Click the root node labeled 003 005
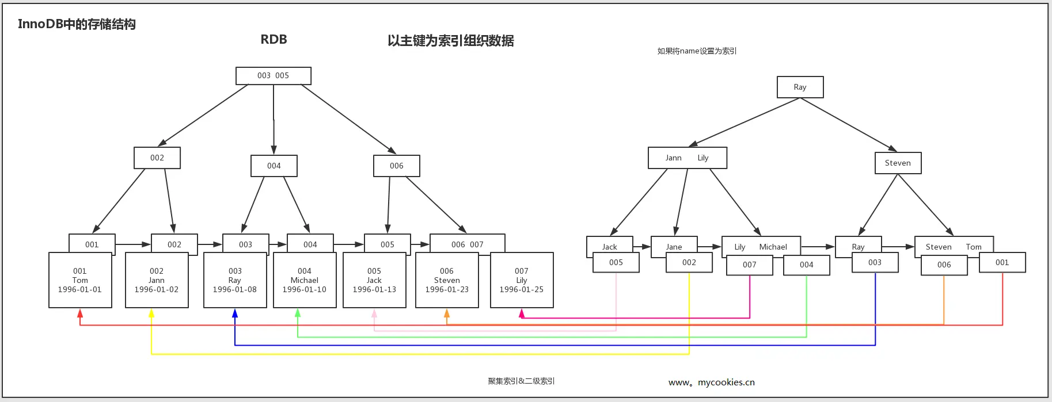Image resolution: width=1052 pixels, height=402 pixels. [x=274, y=76]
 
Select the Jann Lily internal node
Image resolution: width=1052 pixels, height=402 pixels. [x=688, y=158]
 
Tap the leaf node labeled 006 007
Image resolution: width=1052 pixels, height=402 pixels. [x=467, y=244]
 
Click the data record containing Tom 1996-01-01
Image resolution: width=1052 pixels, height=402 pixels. [x=80, y=280]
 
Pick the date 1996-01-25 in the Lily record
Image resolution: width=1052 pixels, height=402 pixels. [x=522, y=290]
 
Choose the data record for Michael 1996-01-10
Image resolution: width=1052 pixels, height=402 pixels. [x=305, y=280]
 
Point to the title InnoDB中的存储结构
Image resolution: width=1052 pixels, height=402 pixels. [x=77, y=24]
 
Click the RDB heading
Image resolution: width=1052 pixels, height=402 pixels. [x=274, y=40]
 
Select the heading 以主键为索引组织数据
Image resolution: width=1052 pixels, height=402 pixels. [x=450, y=41]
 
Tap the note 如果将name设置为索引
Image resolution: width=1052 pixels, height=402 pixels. [x=697, y=51]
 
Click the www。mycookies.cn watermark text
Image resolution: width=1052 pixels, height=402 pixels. [x=711, y=382]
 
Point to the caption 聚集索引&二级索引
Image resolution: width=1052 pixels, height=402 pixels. [x=521, y=381]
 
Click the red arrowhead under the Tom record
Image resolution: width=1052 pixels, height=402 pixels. [x=80, y=313]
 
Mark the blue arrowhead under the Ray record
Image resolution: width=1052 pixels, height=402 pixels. [x=235, y=313]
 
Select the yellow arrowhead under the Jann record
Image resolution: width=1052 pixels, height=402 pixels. [x=151, y=313]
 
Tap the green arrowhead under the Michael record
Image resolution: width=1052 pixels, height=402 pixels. [x=298, y=313]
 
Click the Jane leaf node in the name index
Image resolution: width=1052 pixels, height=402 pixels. [x=674, y=247]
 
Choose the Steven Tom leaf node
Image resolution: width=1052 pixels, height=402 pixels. [x=954, y=247]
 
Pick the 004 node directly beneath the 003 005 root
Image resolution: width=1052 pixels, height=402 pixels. [x=274, y=166]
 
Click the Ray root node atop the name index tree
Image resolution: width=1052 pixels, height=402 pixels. [x=800, y=87]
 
